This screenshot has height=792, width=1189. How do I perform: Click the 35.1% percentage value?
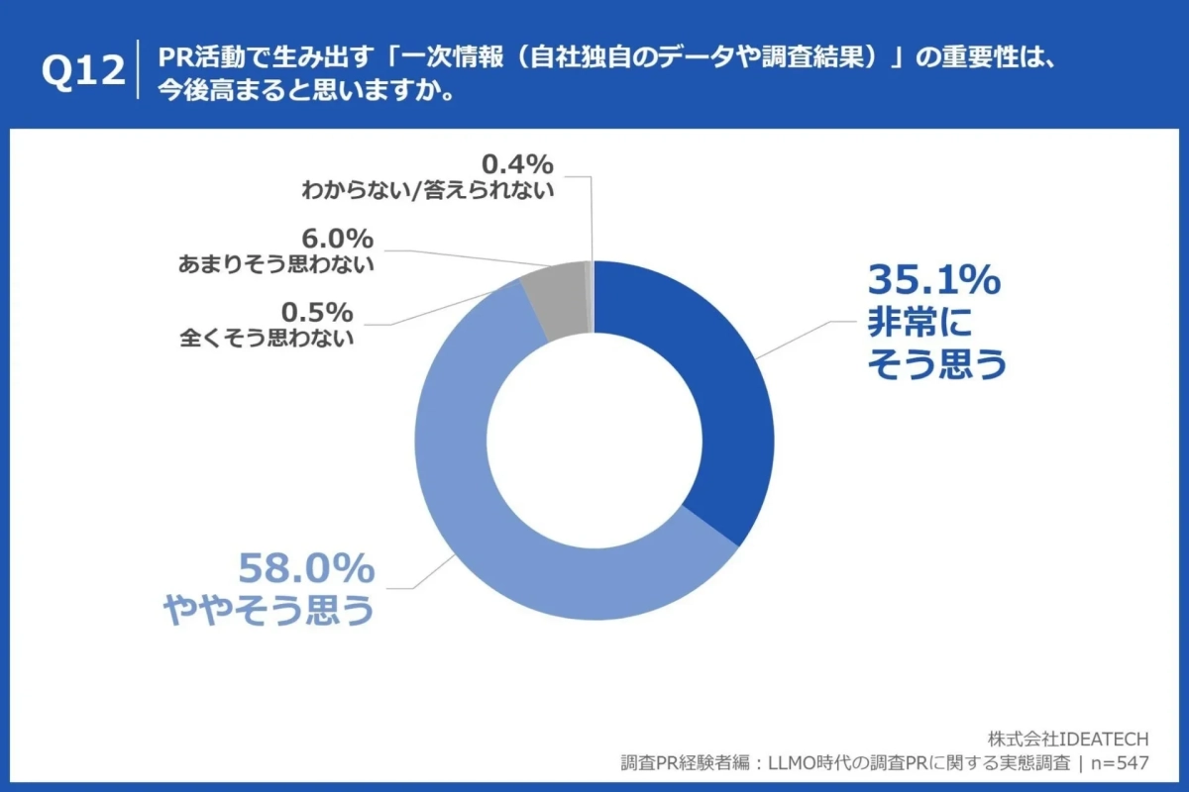point(934,282)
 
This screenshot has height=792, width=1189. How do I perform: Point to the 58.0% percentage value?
point(306,569)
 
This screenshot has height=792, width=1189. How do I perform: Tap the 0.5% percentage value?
point(318,312)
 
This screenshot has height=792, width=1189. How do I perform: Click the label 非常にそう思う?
point(936,346)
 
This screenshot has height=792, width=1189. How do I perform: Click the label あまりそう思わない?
point(276,264)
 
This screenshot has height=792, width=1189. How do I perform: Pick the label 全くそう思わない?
point(267,338)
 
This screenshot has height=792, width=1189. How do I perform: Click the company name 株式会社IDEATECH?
point(1067,740)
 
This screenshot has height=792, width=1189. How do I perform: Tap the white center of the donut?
point(594,441)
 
